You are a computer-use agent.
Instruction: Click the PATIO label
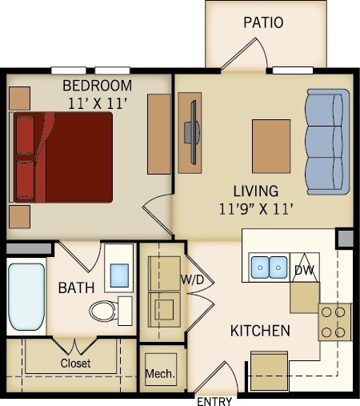(x=263, y=22)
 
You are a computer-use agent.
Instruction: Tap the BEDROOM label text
(x=97, y=86)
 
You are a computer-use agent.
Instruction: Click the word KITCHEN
(x=260, y=330)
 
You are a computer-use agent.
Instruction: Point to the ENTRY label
(x=214, y=400)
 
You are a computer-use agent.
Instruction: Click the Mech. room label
(x=161, y=374)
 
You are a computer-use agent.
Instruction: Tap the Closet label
(x=75, y=363)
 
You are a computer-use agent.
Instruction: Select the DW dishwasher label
(x=304, y=271)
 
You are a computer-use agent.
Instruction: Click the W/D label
(x=191, y=279)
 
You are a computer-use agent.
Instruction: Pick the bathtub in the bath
(x=26, y=296)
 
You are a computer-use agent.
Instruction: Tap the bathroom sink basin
(x=120, y=275)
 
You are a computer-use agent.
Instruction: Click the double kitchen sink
(x=268, y=267)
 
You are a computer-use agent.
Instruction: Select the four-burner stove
(x=334, y=322)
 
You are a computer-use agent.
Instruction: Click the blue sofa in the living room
(x=327, y=142)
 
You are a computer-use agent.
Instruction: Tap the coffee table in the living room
(x=271, y=146)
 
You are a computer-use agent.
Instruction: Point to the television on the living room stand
(x=190, y=133)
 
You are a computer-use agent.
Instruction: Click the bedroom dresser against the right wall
(x=159, y=134)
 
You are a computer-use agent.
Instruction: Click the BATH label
(x=76, y=287)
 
